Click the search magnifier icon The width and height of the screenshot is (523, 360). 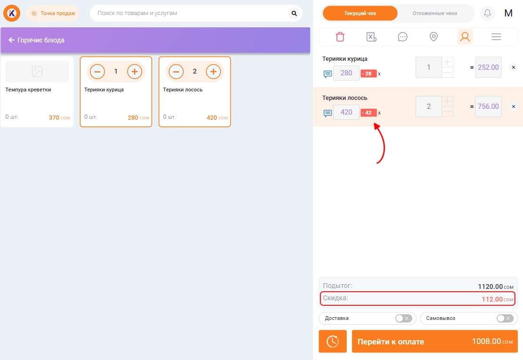(294, 13)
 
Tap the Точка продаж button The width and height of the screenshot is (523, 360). (53, 13)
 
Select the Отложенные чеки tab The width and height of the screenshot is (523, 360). (434, 13)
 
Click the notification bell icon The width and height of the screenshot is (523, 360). (487, 13)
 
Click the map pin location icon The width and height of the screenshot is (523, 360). (433, 37)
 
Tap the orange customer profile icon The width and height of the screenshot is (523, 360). (465, 37)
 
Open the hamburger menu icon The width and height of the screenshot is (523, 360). (496, 37)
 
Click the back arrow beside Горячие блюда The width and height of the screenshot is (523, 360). (11, 40)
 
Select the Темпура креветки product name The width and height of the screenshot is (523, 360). (28, 90)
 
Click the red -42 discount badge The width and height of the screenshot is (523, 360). (368, 113)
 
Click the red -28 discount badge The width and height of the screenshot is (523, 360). (368, 74)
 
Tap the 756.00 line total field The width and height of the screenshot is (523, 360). (488, 106)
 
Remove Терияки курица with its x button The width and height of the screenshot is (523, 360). (513, 67)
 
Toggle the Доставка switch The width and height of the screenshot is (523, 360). (403, 318)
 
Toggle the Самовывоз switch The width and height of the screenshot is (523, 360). (505, 318)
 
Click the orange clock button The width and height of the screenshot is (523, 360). (333, 341)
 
